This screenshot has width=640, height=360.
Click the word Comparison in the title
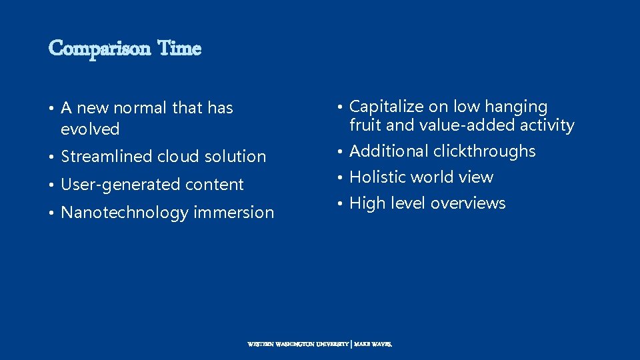coord(99,49)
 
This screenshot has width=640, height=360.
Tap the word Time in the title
coord(179,49)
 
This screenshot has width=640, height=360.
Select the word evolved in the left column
coord(90,129)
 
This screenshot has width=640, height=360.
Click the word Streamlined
coord(107,157)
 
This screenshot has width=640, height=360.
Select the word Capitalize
coord(384,107)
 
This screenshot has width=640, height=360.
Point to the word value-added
coord(457,125)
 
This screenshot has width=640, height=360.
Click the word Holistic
coord(377,177)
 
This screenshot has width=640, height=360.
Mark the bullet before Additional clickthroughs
coord(340,152)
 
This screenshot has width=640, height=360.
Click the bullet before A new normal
coord(51,109)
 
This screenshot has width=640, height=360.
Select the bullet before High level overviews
coord(340,204)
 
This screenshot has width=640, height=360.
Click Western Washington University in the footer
coord(298,345)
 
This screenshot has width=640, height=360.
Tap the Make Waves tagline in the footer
coord(374,345)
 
